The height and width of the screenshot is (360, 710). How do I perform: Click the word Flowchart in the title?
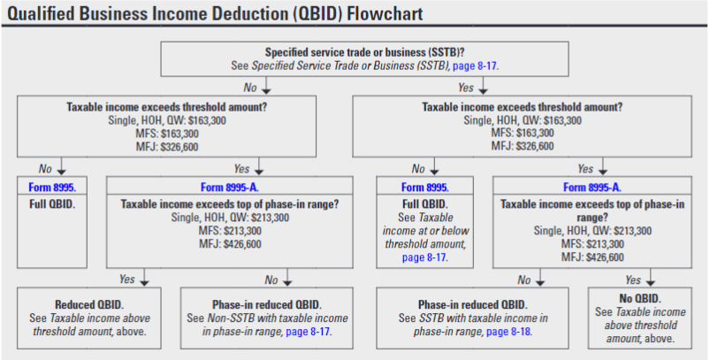coord(385,13)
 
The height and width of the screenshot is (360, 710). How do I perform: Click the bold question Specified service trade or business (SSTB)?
coord(364,52)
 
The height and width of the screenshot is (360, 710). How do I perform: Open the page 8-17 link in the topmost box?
coord(475,65)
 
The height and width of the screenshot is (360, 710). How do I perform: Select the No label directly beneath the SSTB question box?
coord(250,88)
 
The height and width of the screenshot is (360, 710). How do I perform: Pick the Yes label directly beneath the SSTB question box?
coord(465,88)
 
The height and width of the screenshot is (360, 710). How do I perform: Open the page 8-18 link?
coord(508,332)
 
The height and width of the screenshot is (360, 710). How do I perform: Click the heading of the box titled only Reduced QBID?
coord(89,305)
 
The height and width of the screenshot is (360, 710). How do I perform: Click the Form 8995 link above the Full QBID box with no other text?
coord(51,188)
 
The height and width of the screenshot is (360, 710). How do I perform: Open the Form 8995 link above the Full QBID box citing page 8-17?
coord(424,188)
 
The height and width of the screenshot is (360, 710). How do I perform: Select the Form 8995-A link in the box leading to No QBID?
coord(592,188)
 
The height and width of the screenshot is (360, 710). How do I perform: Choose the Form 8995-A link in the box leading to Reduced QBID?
coord(230,188)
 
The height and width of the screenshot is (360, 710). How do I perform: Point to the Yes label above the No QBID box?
coord(632,280)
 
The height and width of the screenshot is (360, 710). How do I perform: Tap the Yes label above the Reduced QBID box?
coord(127,279)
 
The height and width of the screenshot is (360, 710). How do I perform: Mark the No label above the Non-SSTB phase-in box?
coord(271,280)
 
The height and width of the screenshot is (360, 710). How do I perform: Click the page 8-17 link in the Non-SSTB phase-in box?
coord(308,332)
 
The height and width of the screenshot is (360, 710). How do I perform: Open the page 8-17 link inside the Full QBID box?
coord(424,258)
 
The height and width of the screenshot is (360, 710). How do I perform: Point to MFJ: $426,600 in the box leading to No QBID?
coord(592,257)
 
